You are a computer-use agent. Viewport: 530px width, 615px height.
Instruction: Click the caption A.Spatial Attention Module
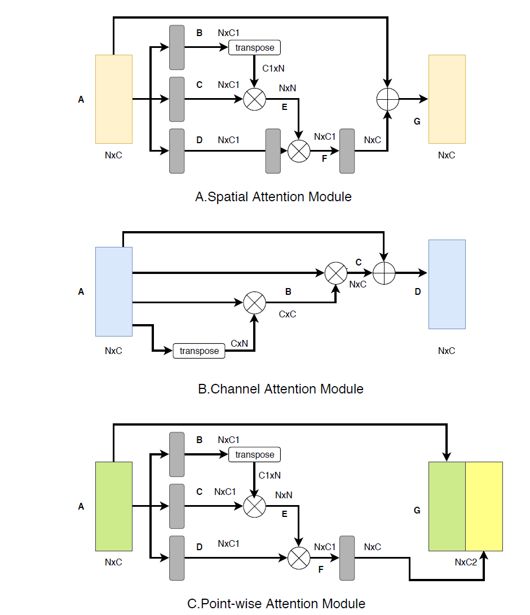coord(273,197)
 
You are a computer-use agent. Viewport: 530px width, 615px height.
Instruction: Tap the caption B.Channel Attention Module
coord(280,389)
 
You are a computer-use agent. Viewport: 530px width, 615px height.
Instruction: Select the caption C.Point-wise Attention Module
coord(276,604)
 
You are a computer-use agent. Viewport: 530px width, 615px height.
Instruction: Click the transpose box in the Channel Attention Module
coord(198,351)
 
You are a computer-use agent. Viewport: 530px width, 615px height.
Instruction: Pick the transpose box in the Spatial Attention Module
coord(254,47)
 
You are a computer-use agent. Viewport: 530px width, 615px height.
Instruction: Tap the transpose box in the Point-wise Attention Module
coord(254,454)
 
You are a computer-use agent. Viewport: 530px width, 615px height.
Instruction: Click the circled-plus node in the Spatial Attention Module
coord(387,99)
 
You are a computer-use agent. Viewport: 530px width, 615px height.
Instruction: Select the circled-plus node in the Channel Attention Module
coord(383,273)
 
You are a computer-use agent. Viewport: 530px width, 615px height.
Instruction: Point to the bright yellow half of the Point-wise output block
coord(484,506)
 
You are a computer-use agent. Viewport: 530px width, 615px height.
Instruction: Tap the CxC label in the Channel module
coord(288,314)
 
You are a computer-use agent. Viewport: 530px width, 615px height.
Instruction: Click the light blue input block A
coord(114,291)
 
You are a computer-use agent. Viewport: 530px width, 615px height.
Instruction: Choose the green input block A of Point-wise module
coord(114,506)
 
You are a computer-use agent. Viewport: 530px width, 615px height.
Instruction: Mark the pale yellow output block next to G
coord(447,99)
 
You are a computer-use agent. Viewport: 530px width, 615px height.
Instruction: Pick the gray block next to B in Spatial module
coord(177,47)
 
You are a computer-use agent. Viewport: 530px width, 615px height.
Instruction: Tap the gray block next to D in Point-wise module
coord(177,558)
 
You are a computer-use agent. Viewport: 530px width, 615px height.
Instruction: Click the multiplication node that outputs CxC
coord(254,303)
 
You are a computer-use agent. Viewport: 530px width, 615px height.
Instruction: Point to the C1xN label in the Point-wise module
coord(270,476)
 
